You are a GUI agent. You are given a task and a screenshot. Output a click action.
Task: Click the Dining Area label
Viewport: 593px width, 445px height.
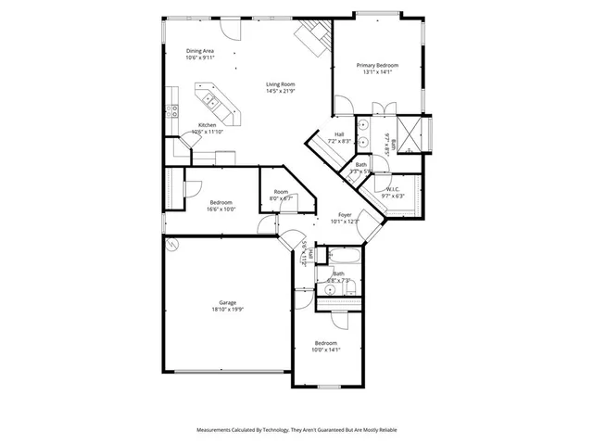pyautogui.click(x=201, y=52)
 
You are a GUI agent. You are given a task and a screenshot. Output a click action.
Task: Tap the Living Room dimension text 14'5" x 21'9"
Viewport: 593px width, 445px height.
pyautogui.click(x=281, y=91)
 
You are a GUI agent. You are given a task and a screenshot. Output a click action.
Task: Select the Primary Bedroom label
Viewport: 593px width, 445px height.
pyautogui.click(x=378, y=65)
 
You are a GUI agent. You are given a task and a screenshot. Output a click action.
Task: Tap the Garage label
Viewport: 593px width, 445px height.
pyautogui.click(x=227, y=303)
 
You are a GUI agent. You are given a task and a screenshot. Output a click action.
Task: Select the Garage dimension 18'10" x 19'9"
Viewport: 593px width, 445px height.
pyautogui.click(x=227, y=311)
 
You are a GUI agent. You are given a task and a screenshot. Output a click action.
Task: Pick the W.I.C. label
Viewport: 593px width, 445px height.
pyautogui.click(x=393, y=190)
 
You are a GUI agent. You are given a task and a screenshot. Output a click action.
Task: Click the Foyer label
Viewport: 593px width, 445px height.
pyautogui.click(x=345, y=214)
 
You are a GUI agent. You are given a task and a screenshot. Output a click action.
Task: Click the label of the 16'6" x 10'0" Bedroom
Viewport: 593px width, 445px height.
pyautogui.click(x=221, y=202)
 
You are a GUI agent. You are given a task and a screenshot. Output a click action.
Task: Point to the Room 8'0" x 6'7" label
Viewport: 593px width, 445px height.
pyautogui.click(x=281, y=192)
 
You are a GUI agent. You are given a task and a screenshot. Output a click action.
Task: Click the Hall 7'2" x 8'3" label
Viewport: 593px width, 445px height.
pyautogui.click(x=339, y=134)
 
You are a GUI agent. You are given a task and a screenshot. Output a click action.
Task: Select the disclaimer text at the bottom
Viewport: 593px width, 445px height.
pyautogui.click(x=296, y=430)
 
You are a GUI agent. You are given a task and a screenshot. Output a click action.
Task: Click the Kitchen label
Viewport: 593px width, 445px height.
pyautogui.click(x=207, y=125)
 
